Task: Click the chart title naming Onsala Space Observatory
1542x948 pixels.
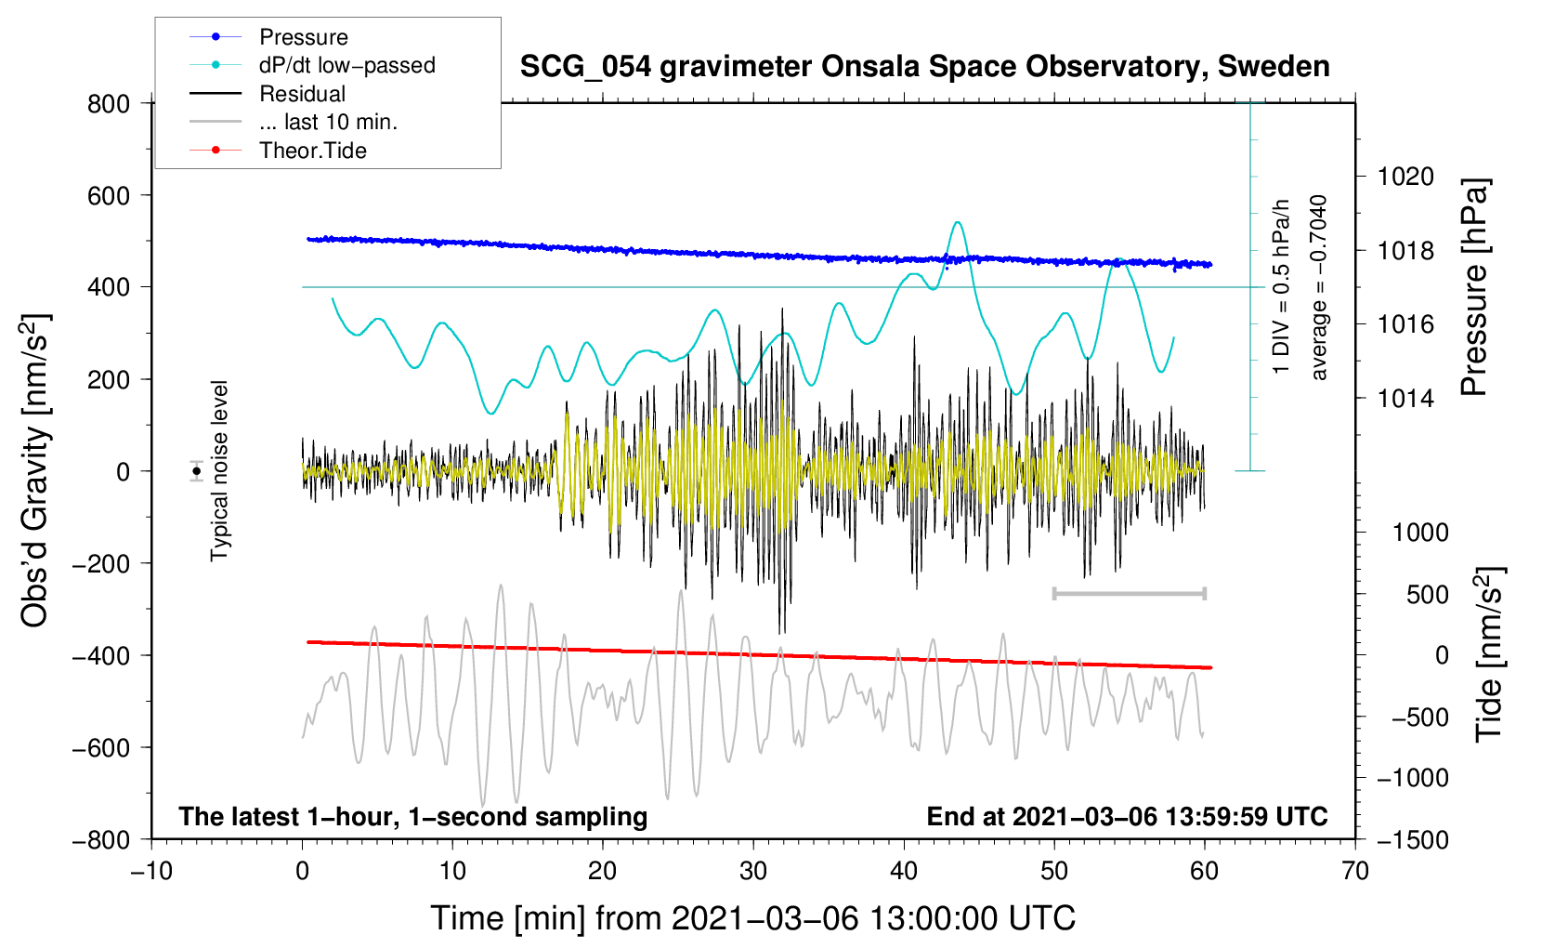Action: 924,67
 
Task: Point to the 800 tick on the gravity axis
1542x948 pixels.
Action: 109,104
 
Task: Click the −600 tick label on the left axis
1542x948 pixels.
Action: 101,747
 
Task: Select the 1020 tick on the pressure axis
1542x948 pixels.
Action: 1405,177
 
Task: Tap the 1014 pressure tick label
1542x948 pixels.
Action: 1405,398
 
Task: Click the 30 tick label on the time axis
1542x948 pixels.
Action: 753,871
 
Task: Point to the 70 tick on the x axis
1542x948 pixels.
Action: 1355,871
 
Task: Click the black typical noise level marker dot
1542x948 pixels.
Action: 197,471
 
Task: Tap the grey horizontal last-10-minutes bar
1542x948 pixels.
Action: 1130,593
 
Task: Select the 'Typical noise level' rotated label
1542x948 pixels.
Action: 219,471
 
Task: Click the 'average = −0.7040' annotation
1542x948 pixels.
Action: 1318,287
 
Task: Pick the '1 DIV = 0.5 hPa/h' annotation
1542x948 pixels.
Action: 1280,287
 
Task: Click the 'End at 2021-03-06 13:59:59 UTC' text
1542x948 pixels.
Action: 1127,816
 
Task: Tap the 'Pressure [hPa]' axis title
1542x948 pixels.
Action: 1474,287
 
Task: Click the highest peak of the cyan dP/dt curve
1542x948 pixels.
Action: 958,222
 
